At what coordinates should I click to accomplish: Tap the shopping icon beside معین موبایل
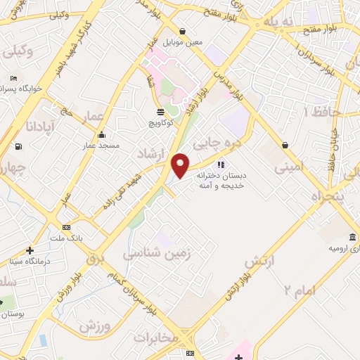[183, 31]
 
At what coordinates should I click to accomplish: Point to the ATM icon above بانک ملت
[67, 227]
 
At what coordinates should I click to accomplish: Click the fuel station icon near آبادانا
[18, 146]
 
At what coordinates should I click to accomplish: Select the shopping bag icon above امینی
[285, 146]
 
